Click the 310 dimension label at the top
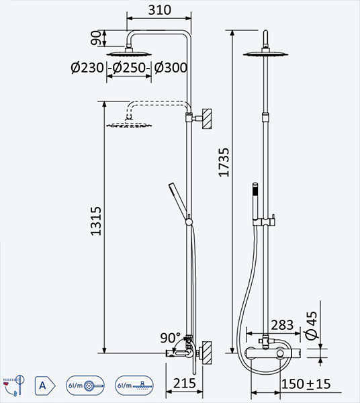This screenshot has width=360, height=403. tap(159, 10)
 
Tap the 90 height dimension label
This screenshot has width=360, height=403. tap(96, 38)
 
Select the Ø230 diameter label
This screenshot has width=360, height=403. tap(87, 68)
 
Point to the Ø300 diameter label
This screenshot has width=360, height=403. tap(171, 68)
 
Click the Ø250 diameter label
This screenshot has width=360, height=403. tap(129, 68)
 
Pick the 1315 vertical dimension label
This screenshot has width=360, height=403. tap(96, 221)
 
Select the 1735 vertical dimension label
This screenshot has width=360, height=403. tap(224, 162)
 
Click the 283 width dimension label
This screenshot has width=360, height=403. tap(282, 325)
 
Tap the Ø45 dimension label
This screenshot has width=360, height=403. tap(312, 325)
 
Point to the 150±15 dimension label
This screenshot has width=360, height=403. tap(306, 384)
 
